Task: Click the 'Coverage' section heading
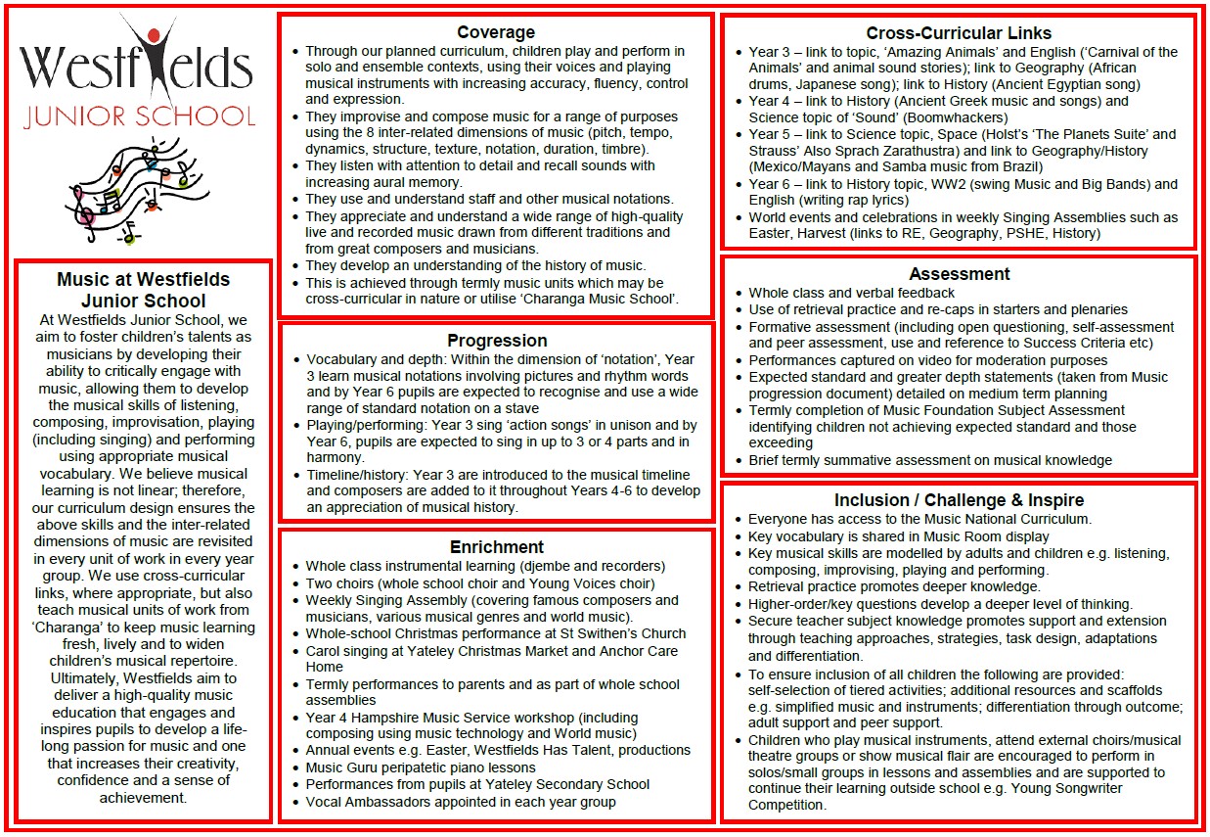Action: tap(496, 32)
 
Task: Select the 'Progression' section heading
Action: tap(496, 341)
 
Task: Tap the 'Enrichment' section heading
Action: tap(496, 547)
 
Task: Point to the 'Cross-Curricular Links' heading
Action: tap(959, 34)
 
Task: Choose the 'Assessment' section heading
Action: tap(959, 274)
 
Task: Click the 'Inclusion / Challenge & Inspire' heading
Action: tap(959, 500)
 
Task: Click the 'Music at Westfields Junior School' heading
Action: tap(143, 290)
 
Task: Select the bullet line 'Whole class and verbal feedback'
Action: tap(851, 293)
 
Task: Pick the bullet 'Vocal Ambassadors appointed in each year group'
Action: tap(460, 802)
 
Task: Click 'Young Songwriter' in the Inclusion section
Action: tap(1056, 789)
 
